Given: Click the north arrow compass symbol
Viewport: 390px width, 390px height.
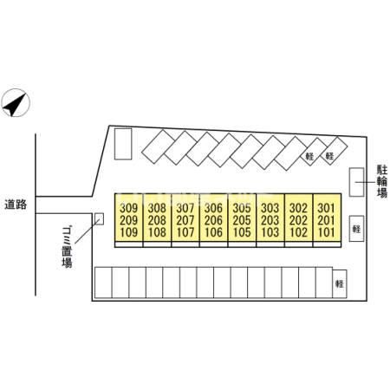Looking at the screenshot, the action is click(x=16, y=103).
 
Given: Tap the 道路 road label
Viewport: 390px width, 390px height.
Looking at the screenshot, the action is click(x=16, y=205).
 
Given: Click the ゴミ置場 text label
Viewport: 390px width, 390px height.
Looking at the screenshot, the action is click(x=67, y=248).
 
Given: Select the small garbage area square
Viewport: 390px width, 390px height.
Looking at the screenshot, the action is click(x=99, y=219).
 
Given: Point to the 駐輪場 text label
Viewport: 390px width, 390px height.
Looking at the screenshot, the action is click(x=382, y=181).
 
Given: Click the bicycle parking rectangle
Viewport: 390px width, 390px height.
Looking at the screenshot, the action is click(x=356, y=182).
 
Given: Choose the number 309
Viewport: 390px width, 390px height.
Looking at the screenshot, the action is click(x=129, y=208).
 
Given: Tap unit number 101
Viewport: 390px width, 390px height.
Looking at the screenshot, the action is click(x=327, y=232).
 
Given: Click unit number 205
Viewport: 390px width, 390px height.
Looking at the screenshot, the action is click(x=242, y=220).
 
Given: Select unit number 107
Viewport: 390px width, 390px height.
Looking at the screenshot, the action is click(x=185, y=232).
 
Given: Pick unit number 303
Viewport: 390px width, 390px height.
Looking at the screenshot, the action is click(x=270, y=208).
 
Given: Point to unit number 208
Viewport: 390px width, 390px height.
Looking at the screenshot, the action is click(x=157, y=220).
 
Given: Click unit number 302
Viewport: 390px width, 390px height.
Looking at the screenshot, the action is click(x=298, y=208).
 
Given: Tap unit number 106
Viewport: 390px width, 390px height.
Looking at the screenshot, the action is click(x=213, y=232).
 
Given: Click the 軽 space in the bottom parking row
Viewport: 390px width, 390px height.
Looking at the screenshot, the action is click(x=340, y=283).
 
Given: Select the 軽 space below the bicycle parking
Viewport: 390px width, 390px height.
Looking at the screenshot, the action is click(x=356, y=229).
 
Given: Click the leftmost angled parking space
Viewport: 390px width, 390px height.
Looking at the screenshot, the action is click(x=159, y=146).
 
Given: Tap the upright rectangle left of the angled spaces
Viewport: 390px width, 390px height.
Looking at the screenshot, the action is click(x=123, y=144).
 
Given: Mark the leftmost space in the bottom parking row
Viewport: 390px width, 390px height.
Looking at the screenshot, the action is click(x=103, y=283).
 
